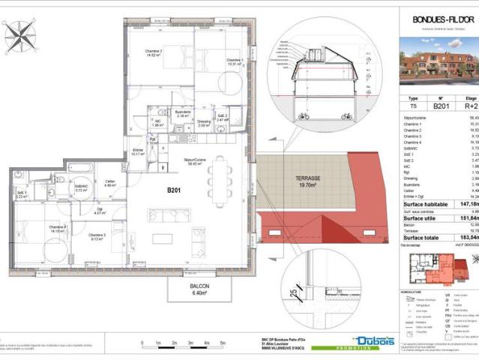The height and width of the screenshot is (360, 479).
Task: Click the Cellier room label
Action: pyautogui.click(x=109, y=182)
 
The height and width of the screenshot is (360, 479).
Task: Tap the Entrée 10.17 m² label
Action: pyautogui.click(x=138, y=152)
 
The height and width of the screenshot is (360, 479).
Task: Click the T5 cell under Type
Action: pyautogui.click(x=413, y=107)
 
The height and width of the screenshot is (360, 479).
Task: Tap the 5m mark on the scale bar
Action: pyautogui.click(x=223, y=343)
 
